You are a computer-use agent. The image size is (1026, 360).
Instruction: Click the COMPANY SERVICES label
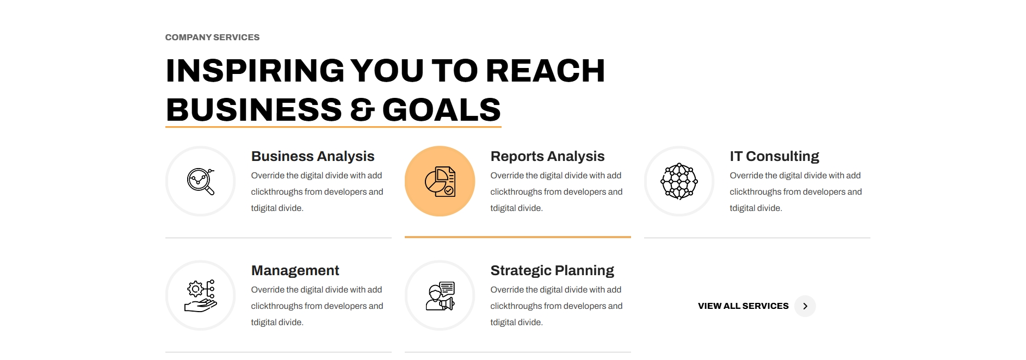pos(212,38)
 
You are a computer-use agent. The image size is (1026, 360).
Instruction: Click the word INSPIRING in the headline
pos(255,71)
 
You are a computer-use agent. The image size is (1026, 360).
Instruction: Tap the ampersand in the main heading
pos(362,110)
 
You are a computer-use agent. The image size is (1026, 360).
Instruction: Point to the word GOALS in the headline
pos(441,110)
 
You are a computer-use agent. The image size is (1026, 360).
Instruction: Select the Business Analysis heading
pos(313,157)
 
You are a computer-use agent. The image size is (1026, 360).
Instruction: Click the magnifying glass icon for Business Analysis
pos(201,182)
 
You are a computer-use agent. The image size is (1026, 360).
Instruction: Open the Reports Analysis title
pos(547,157)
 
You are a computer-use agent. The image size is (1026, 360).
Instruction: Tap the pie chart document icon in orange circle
pos(440,182)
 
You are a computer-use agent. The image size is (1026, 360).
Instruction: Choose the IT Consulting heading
pos(774,157)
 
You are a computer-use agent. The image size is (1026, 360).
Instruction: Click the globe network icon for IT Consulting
pos(679,182)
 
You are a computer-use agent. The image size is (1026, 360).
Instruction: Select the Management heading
pos(295,270)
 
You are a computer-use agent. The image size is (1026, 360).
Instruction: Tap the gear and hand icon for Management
pos(201,296)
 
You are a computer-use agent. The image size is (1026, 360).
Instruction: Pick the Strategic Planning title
pos(552,271)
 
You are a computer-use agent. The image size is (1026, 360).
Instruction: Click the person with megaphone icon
pos(440,296)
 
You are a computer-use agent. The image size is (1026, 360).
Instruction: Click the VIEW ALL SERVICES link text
pos(743,306)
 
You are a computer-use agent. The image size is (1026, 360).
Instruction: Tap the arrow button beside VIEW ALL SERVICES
pos(805,306)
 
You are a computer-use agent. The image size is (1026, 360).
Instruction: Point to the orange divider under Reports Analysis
pos(518,237)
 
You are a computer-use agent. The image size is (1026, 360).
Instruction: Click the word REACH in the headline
pos(545,71)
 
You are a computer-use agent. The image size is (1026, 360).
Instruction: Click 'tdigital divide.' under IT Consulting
pos(756,208)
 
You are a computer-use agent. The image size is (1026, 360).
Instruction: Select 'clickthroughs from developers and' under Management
pos(317,306)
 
